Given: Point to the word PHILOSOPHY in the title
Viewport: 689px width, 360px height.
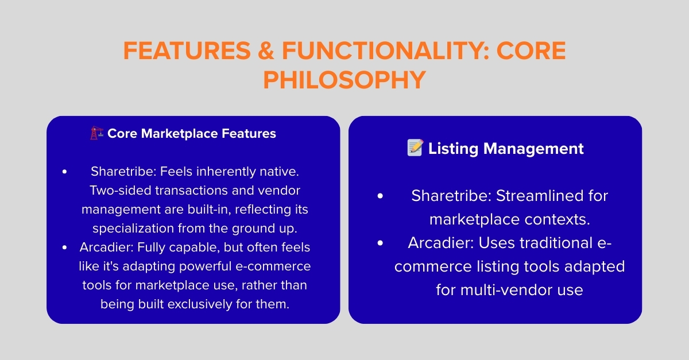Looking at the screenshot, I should pos(344,80).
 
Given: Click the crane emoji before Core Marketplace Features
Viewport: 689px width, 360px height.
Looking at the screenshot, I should pos(96,134).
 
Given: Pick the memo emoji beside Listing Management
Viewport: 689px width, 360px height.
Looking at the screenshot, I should pos(415,149).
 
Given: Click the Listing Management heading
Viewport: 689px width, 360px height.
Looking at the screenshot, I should pos(505,149).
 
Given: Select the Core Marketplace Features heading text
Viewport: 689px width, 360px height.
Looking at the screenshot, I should pos(192,134).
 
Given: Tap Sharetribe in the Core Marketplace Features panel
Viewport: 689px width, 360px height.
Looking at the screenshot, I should pos(123,172).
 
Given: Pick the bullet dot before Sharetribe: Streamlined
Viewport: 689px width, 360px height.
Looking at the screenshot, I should pos(380,196).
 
